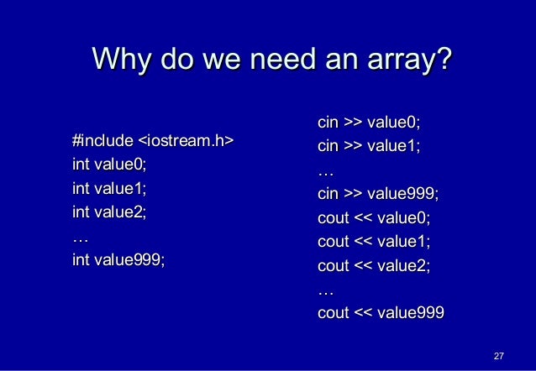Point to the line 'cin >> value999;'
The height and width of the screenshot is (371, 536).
pyautogui.click(x=377, y=195)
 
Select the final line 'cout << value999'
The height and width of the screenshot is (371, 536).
pyautogui.click(x=381, y=315)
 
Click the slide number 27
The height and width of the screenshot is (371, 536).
pyautogui.click(x=498, y=356)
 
